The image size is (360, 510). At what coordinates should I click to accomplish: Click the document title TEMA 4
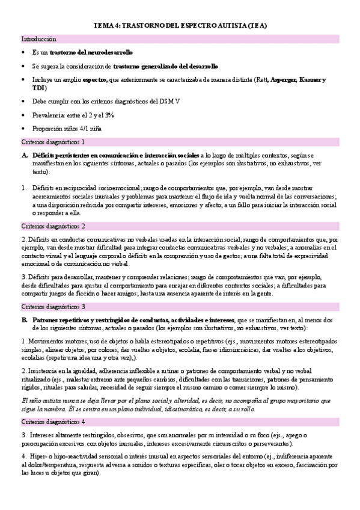(x=180, y=26)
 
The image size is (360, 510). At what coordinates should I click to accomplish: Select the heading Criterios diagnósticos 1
(x=53, y=142)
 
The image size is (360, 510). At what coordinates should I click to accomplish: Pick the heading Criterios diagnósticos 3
(x=53, y=306)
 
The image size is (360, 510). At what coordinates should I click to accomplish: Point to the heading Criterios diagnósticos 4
(x=53, y=405)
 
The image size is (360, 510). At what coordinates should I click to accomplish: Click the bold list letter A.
(x=25, y=155)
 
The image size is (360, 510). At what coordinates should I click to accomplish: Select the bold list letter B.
(x=25, y=319)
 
